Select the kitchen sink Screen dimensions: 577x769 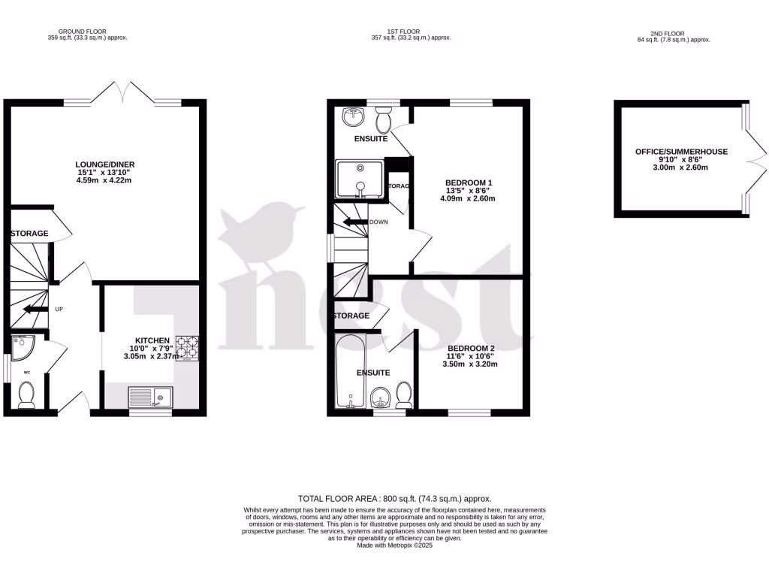[150, 397]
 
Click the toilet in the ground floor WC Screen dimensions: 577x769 [27, 394]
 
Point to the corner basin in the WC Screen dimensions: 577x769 [22, 346]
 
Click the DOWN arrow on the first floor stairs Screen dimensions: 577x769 [352, 222]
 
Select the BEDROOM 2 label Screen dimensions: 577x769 [470, 348]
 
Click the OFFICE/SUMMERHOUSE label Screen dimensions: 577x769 [681, 152]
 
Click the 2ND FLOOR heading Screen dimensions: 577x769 [671, 34]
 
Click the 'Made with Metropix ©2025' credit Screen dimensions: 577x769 [394, 545]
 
